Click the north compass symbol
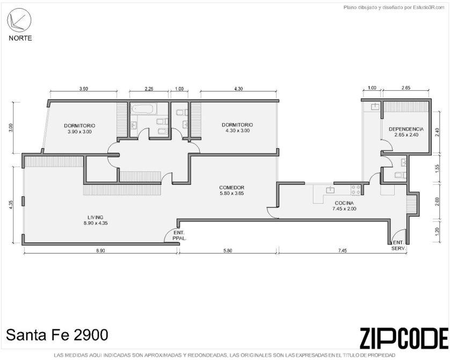coord(19,20)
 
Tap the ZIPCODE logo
coord(404,337)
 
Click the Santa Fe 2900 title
coord(57,335)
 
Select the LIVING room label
coord(96,220)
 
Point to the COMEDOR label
coord(231,190)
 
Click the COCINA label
coord(344,206)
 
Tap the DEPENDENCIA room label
coord(406,132)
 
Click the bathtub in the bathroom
coord(142,109)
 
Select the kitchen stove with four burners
coord(356,190)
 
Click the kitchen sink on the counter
coord(331,190)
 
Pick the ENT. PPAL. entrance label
coord(179,235)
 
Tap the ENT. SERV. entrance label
coord(398,246)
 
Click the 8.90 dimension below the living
coord(100,250)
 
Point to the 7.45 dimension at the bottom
coord(343,250)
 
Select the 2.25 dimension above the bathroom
coord(149,89)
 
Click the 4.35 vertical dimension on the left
coord(11,204)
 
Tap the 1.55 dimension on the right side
coord(437,169)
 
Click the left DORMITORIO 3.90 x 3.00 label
coord(79,128)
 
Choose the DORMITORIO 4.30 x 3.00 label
coord(237,127)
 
